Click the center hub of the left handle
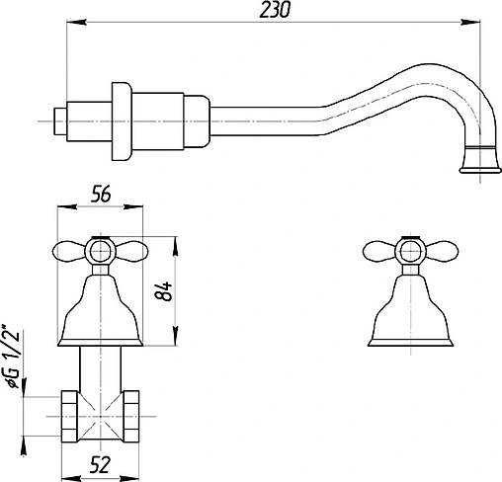(x=101, y=252)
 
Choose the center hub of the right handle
(x=404, y=252)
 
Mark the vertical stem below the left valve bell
(x=101, y=373)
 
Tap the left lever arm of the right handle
(x=377, y=251)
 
